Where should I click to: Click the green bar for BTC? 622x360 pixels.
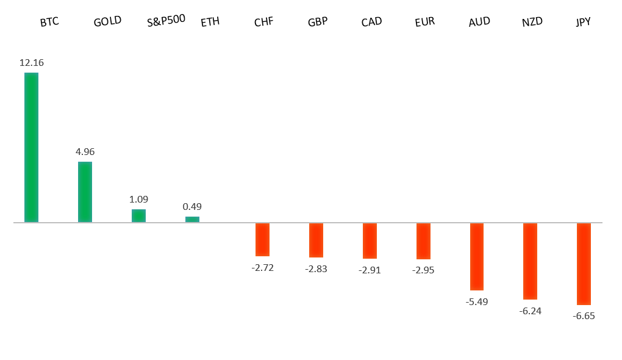tap(31, 147)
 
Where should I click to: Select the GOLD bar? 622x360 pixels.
tap(85, 192)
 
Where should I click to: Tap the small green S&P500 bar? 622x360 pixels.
tap(138, 215)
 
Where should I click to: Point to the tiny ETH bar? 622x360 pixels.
tap(192, 219)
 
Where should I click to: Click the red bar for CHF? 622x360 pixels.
tap(262, 239)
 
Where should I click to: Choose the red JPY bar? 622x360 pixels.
tap(584, 264)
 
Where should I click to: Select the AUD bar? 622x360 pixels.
tap(476, 256)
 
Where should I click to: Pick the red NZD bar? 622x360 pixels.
tap(530, 261)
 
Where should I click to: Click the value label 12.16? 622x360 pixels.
tap(32, 62)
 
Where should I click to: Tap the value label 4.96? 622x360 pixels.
tap(85, 151)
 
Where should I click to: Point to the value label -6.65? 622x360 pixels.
tap(584, 315)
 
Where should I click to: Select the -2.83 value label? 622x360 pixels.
tap(316, 268)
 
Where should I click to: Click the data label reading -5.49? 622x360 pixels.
tap(477, 301)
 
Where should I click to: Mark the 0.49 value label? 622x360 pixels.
tap(192, 206)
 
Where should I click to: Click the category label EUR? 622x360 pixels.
tap(424, 22)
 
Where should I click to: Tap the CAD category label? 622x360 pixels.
tap(371, 22)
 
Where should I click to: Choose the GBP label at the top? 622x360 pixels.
tap(318, 22)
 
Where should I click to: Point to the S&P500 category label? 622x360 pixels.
tap(166, 21)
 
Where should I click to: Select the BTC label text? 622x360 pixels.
tap(49, 23)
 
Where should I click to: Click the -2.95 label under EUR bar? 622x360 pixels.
tap(423, 270)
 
